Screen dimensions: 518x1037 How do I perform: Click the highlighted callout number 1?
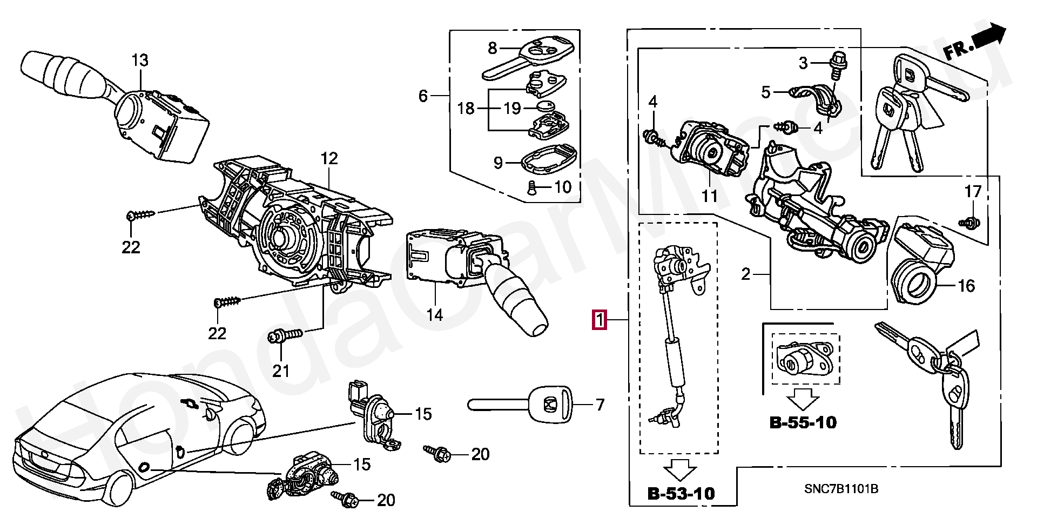pos(599,320)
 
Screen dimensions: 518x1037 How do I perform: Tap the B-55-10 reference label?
pos(803,422)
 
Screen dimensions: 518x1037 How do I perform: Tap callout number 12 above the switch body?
pos(329,159)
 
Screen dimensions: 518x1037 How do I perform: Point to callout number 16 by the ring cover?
pos(966,285)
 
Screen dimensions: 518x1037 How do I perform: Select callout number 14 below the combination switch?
pos(435,314)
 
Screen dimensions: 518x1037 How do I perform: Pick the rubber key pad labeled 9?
pos(547,159)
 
